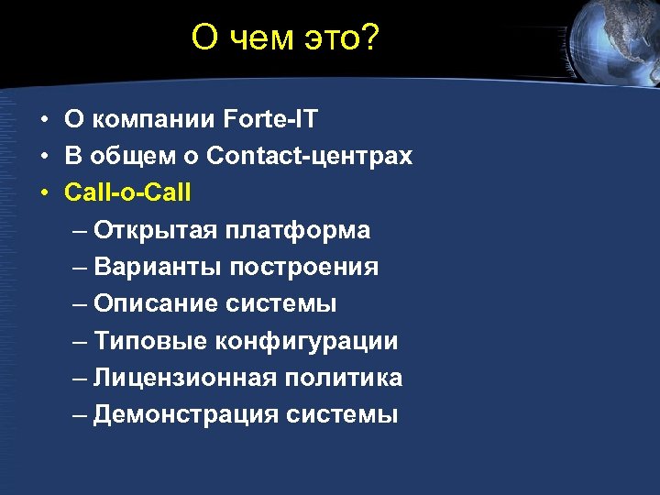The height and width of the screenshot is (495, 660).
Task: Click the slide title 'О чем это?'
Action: [x=285, y=38]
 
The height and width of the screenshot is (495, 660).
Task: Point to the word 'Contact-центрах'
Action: [x=310, y=156]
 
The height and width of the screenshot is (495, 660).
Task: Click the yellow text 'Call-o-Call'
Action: [x=128, y=192]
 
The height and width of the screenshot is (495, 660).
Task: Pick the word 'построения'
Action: [x=304, y=267]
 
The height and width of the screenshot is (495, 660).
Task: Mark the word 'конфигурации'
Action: [x=307, y=341]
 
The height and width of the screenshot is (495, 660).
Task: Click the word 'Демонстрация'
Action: [x=186, y=414]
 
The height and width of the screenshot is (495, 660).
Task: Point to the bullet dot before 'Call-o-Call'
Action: [x=44, y=193]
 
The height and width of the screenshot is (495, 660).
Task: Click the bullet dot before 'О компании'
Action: [x=44, y=119]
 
